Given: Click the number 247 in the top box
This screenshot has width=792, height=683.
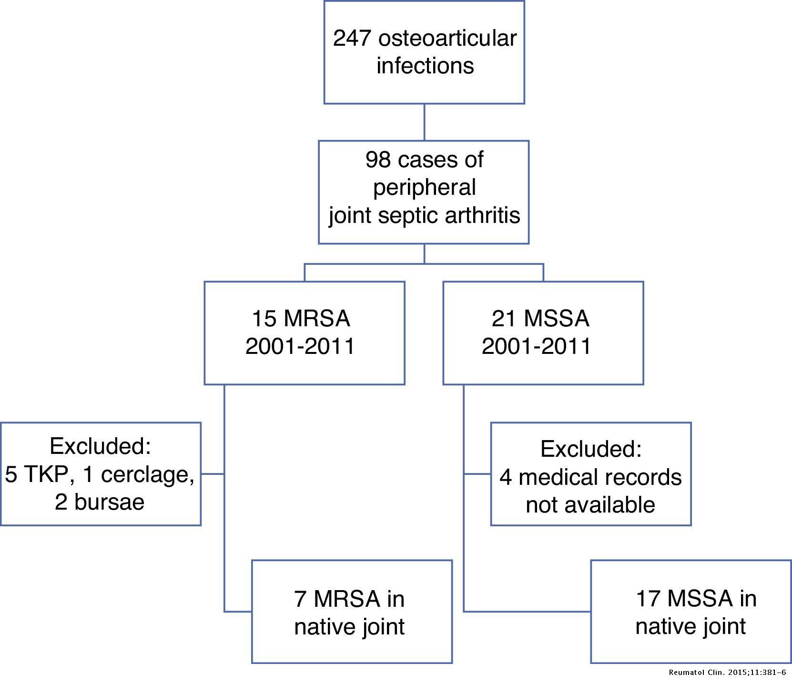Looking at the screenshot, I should [352, 39].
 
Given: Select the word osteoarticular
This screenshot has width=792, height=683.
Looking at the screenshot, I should [447, 39].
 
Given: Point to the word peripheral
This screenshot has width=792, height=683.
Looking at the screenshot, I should [424, 187].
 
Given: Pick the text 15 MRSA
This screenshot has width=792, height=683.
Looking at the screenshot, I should [301, 318].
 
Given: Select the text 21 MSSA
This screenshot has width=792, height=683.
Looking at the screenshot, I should [540, 318].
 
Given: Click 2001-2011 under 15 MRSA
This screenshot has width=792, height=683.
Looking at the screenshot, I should [300, 346].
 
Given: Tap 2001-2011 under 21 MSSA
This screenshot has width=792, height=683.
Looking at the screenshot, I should [537, 346].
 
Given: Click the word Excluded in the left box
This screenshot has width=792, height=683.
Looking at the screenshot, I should [100, 446].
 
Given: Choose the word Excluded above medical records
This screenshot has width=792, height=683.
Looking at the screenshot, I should [591, 449].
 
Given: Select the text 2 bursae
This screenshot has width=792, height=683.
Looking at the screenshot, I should [100, 502].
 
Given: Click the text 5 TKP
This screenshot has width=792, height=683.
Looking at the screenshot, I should [39, 474].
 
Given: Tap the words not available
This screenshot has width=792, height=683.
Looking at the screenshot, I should [590, 505].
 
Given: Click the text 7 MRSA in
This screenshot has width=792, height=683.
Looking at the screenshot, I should [349, 598].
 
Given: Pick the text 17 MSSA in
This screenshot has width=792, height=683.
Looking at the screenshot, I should [696, 598].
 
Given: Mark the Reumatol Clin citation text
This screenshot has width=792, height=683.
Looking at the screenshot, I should [727, 673].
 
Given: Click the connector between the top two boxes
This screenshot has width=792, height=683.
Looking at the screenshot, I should [424, 122].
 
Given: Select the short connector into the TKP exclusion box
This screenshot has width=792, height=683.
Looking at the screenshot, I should [212, 474].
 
